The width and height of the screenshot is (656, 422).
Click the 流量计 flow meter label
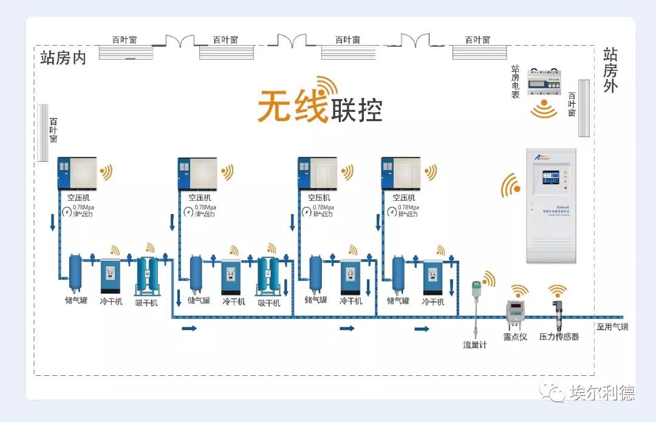(475, 345)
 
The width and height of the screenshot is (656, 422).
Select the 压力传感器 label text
(559, 336)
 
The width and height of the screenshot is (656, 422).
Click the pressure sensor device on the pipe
(558, 308)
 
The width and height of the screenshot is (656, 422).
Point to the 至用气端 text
(612, 327)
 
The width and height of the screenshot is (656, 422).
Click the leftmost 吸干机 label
(146, 302)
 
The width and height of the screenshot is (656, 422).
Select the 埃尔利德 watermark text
(602, 393)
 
